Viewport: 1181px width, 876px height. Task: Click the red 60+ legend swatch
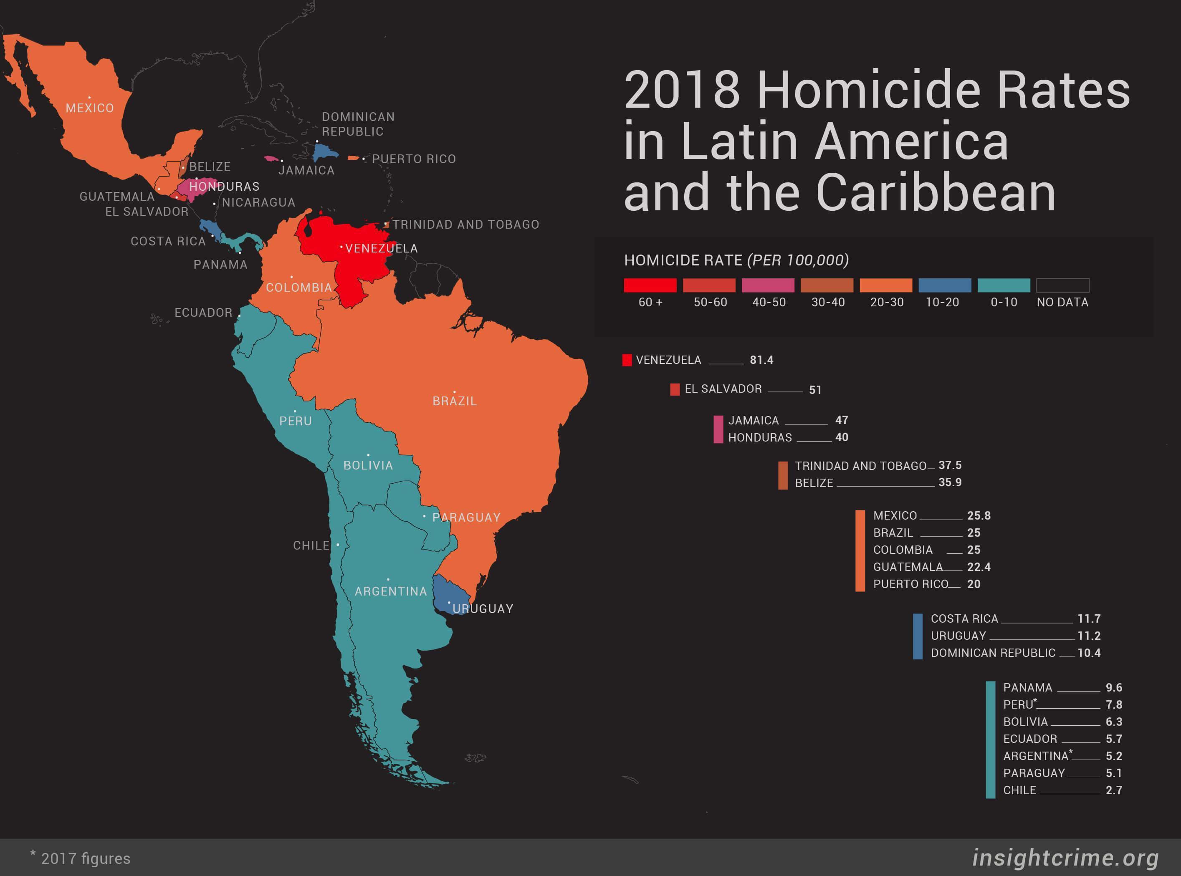[650, 285]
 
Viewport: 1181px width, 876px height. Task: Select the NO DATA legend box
[1062, 285]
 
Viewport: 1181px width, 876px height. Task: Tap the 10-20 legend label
[942, 302]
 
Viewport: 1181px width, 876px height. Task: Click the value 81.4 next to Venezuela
[761, 360]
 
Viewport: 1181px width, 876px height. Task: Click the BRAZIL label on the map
[455, 401]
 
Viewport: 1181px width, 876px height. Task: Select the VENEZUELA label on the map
[381, 248]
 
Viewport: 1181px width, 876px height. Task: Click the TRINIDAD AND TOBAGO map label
[465, 224]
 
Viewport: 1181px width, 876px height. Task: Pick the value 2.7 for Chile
[1114, 790]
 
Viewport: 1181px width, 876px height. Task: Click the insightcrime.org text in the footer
[1065, 858]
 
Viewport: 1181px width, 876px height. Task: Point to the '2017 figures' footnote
[85, 858]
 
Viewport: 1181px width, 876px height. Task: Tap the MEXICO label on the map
[90, 108]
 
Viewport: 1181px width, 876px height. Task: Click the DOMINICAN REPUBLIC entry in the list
[993, 653]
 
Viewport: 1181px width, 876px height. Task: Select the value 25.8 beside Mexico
[979, 515]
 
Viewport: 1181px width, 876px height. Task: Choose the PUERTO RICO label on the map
[414, 159]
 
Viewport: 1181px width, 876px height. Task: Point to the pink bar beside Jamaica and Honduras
[718, 429]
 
